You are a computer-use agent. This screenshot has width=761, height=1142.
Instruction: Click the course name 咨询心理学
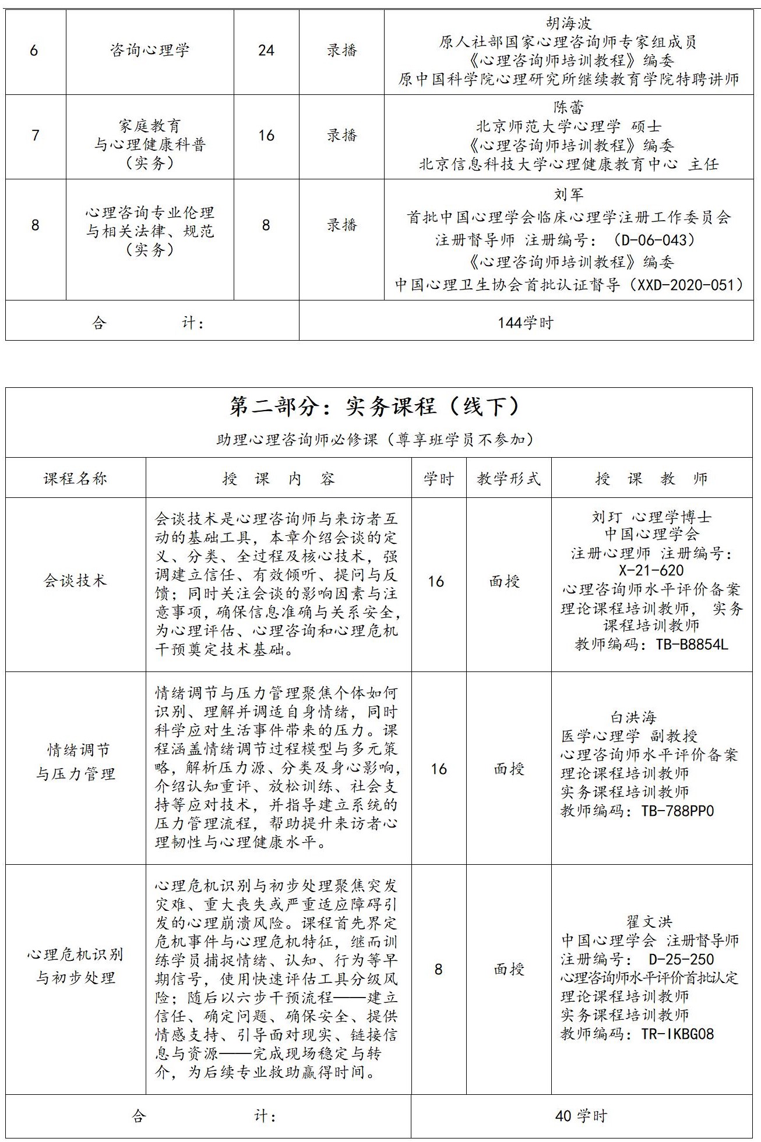tap(150, 50)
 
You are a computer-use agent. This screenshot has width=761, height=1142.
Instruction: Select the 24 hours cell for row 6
tap(266, 50)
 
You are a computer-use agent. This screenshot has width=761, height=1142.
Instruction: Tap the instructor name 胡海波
tap(569, 23)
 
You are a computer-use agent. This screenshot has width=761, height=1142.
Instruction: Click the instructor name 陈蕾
tap(569, 108)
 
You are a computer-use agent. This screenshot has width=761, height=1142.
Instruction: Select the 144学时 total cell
tap(525, 323)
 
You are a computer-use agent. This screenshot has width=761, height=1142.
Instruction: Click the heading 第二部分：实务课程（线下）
tap(375, 407)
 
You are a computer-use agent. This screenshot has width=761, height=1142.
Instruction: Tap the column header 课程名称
tap(75, 479)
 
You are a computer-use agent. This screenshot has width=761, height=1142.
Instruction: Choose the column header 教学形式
tap(509, 479)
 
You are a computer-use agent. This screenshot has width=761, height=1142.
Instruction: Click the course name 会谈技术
tap(75, 581)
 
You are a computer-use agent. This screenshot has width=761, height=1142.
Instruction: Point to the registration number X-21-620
tap(651, 571)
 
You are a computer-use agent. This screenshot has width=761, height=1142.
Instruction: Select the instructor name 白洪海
tap(633, 717)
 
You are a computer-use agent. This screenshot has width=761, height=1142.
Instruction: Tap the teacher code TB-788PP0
tap(677, 811)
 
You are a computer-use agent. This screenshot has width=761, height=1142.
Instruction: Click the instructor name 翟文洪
tap(649, 921)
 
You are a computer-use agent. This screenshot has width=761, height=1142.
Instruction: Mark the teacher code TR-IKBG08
tap(677, 1034)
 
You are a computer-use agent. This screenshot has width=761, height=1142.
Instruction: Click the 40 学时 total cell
tap(581, 1116)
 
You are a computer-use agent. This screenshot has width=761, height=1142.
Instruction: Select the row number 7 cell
tap(35, 136)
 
